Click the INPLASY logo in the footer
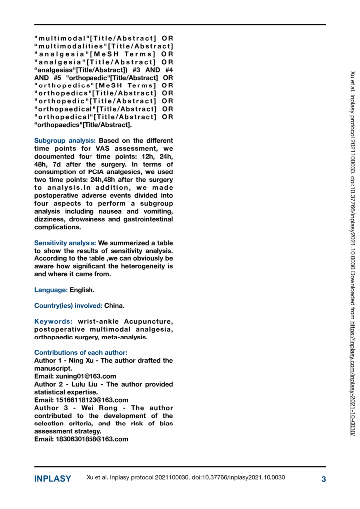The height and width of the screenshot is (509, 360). point(53,479)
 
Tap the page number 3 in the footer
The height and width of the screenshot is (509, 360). point(323,479)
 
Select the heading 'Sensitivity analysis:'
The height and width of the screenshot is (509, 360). point(65,243)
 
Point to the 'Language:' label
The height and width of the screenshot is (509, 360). point(51,290)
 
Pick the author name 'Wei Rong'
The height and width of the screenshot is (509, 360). point(95,408)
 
